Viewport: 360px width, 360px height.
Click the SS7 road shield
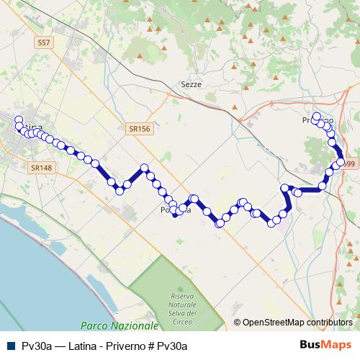(44, 43)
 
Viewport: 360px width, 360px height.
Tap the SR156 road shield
(140, 128)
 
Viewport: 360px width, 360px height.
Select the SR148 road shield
(41, 167)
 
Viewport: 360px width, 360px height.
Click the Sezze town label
(191, 84)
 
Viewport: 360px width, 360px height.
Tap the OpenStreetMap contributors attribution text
(297, 323)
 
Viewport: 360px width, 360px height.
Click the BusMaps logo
(325, 346)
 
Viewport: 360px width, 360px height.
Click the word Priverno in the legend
(127, 346)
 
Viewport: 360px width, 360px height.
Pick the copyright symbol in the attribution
(238, 323)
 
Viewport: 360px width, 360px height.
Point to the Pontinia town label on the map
(176, 211)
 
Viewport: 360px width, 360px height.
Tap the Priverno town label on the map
(318, 121)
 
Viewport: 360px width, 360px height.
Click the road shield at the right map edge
(351, 164)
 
